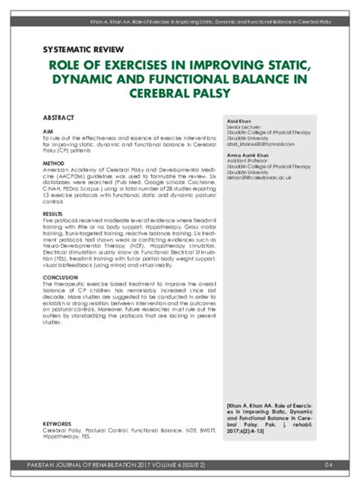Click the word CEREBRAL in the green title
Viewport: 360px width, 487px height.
pyautogui.click(x=171, y=93)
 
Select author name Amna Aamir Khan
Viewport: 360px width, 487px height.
pyautogui.click(x=247, y=156)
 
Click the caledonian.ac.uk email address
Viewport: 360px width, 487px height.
pyautogui.click(x=259, y=177)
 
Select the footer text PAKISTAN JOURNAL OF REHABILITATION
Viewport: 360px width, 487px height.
pyautogui.click(x=99, y=465)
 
